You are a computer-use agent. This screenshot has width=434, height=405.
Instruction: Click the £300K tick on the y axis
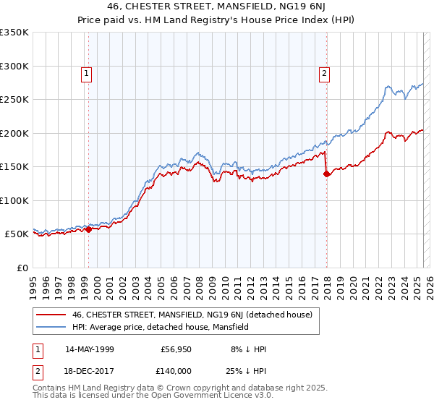[14, 66]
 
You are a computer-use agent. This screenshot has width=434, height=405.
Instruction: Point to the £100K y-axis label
[14, 200]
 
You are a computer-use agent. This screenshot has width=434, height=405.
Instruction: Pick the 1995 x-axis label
[33, 282]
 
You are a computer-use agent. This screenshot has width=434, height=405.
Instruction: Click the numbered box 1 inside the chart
[86, 72]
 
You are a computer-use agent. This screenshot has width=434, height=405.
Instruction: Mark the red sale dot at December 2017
[326, 174]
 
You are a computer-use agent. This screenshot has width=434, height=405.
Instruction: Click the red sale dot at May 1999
[88, 229]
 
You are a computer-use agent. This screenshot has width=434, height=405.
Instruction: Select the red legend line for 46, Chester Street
[52, 315]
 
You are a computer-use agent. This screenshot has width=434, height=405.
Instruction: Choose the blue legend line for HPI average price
[52, 327]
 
